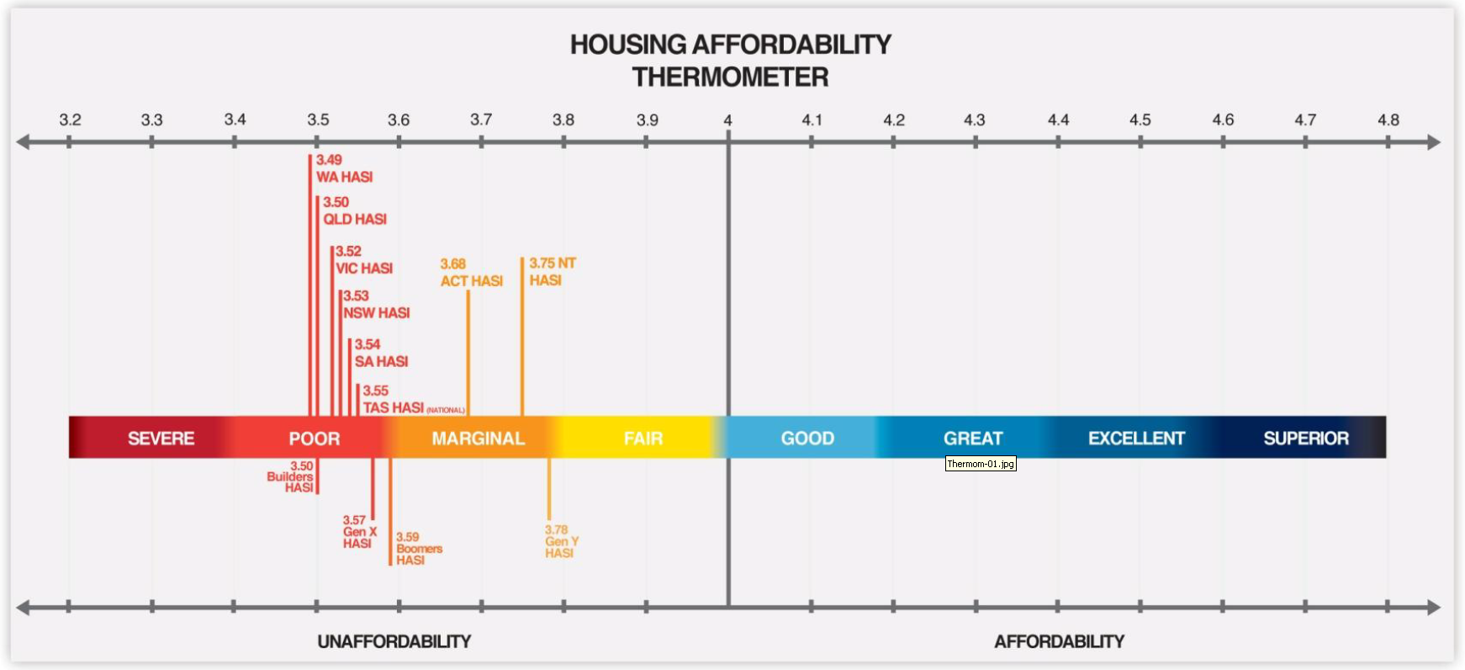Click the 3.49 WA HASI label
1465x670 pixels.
click(344, 168)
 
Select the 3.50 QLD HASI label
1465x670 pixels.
click(355, 210)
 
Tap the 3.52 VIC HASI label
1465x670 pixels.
click(364, 260)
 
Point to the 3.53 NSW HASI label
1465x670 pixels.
click(376, 305)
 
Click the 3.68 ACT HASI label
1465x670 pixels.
click(471, 273)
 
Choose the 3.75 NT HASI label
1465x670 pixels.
click(552, 272)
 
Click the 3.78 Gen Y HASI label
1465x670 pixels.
click(561, 541)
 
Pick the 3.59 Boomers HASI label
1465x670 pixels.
click(419, 549)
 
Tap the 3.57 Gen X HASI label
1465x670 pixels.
click(359, 532)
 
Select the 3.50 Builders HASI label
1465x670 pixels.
click(290, 476)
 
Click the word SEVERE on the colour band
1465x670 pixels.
click(161, 439)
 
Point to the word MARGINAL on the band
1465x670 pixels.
click(478, 439)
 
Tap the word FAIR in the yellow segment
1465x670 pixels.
click(643, 439)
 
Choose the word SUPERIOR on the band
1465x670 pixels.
click(1306, 439)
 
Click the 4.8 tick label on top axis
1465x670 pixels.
click(1388, 120)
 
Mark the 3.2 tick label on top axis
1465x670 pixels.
click(70, 120)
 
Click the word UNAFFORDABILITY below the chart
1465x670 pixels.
click(394, 641)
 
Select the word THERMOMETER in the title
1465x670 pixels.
click(730, 77)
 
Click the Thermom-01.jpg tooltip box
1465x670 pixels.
click(981, 464)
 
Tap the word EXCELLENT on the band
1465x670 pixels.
click(1136, 439)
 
